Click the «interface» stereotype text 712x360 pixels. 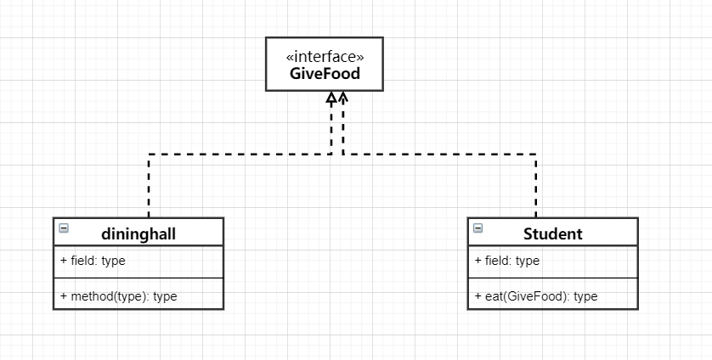(325, 57)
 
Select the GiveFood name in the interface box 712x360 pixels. (325, 74)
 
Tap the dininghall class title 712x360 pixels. (138, 233)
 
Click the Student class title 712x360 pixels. (552, 233)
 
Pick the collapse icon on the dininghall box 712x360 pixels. (64, 228)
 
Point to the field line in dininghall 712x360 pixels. (93, 261)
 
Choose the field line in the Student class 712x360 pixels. (506, 261)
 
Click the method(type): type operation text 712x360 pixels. (118, 296)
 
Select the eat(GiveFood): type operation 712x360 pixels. (536, 296)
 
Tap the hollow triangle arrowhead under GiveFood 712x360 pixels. (331, 97)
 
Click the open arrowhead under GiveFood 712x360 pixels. (343, 96)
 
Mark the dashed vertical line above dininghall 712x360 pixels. (149, 186)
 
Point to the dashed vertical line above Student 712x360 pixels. (536, 186)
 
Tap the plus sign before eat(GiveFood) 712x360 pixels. (477, 296)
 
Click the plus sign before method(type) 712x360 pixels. (64, 296)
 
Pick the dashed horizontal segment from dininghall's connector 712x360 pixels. (240, 155)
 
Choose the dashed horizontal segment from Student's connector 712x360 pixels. (439, 155)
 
